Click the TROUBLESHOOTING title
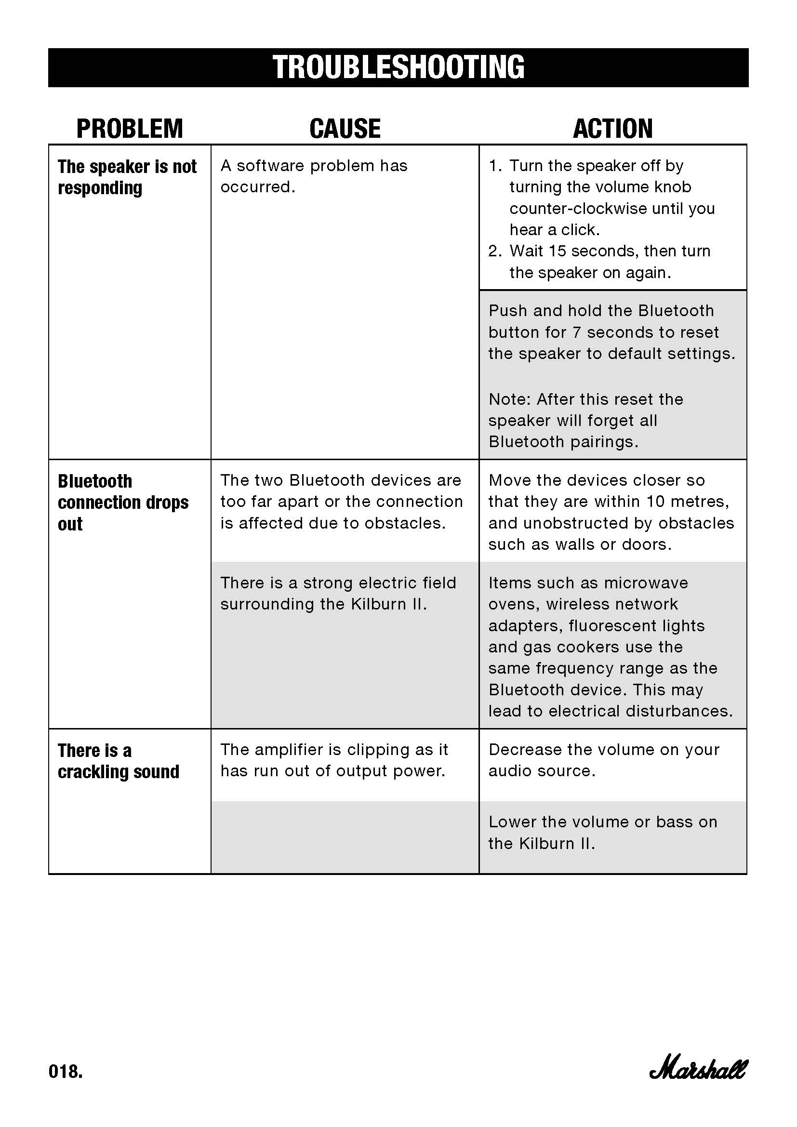click(398, 67)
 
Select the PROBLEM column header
click(130, 129)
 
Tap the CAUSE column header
click(345, 129)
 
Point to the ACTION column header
click(613, 129)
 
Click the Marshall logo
click(698, 1070)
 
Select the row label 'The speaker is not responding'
click(127, 177)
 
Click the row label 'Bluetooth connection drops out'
click(123, 502)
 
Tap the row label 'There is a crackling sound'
click(118, 761)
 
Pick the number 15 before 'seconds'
click(557, 252)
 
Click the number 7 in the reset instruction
click(577, 332)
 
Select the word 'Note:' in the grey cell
click(509, 399)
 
